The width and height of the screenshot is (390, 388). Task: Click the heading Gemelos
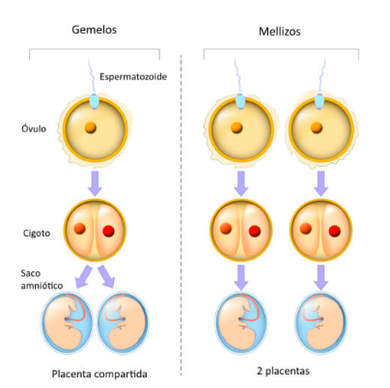click(x=94, y=28)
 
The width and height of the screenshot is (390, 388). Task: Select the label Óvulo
click(x=33, y=127)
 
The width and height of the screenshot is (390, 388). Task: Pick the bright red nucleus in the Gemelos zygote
click(x=107, y=231)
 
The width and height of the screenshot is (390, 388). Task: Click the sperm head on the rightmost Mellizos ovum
click(x=320, y=100)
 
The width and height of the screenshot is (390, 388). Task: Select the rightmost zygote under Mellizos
click(x=320, y=231)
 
